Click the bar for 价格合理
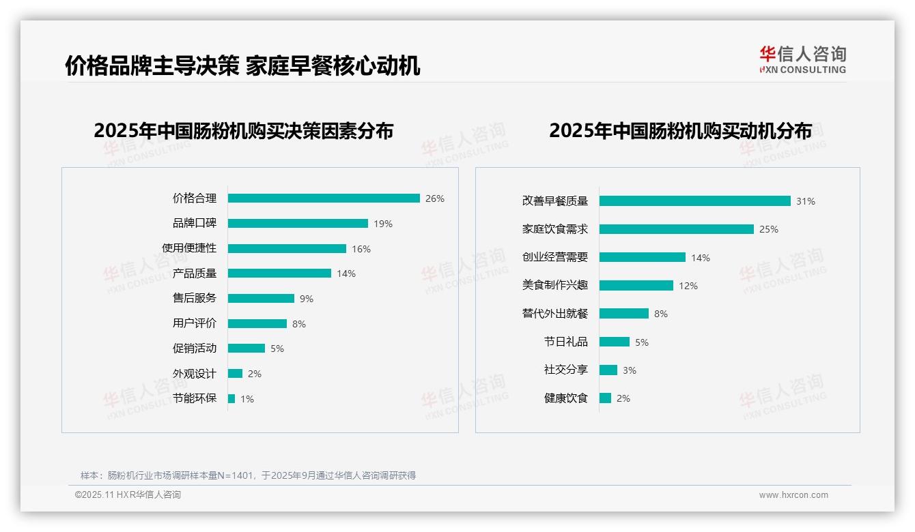pos(324,198)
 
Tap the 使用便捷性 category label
pos(189,248)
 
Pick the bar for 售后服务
pos(261,299)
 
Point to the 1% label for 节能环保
pos(247,399)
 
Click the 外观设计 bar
pos(235,374)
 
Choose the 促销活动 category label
pos(195,349)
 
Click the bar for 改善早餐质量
pos(695,201)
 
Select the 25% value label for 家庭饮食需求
pos(768,229)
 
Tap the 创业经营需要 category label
pos(555,257)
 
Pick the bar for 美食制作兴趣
pos(636,286)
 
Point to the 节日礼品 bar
pos(615,342)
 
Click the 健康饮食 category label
pos(566,398)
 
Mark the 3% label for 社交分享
pos(629,370)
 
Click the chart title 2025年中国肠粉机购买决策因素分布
pos(244,131)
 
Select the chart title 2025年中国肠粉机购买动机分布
pos(680,131)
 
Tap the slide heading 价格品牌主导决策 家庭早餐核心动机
pos(242,66)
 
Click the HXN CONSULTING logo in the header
pos(802,60)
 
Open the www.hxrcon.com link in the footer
pos(793,495)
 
